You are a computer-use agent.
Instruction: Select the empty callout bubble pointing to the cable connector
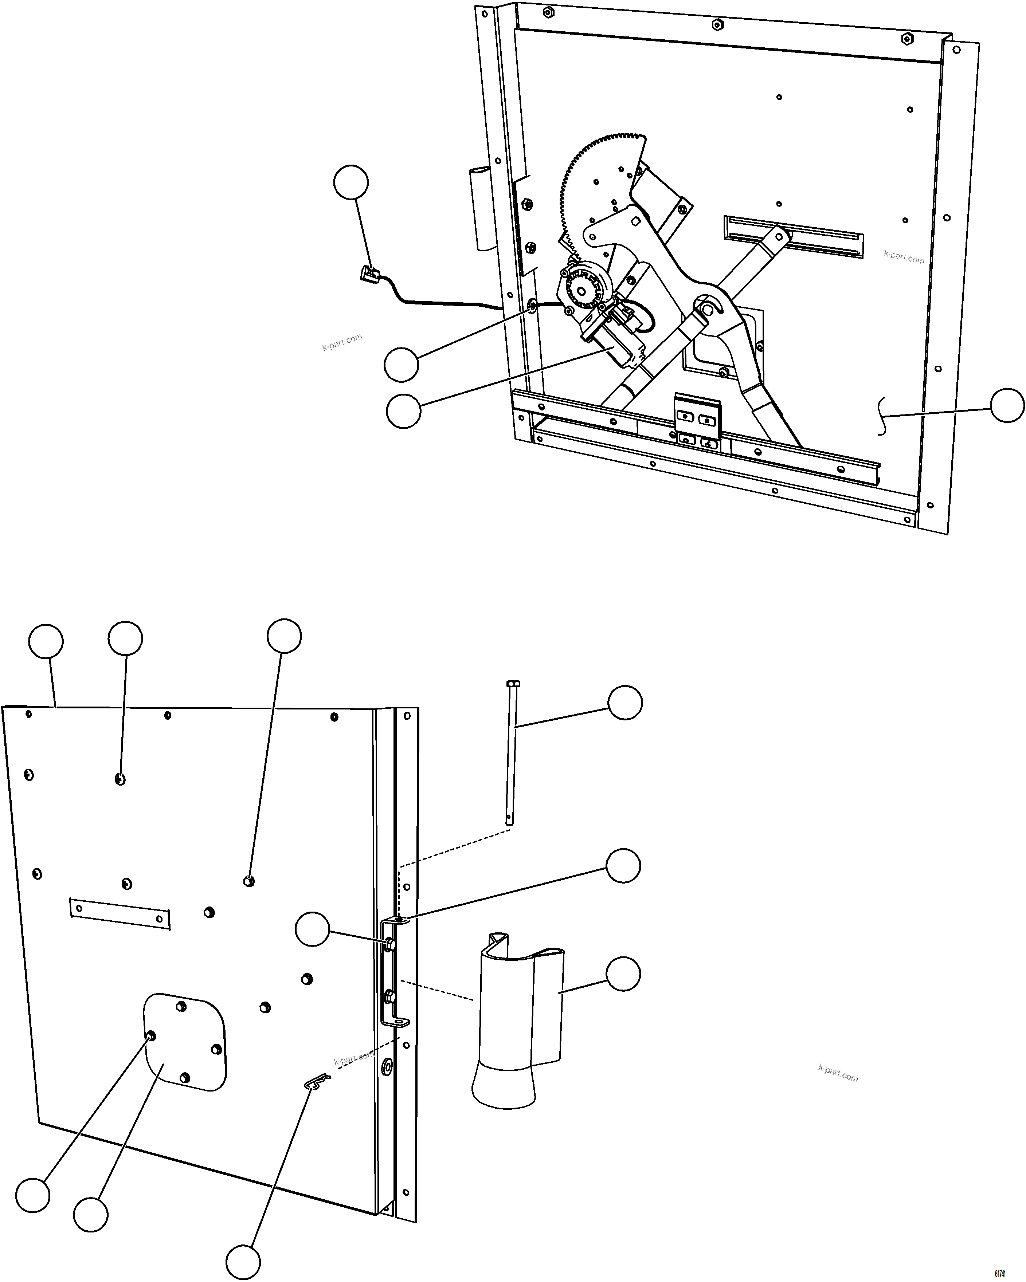(351, 182)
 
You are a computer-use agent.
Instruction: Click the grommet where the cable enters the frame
(532, 307)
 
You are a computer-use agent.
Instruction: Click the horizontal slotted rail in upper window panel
(794, 237)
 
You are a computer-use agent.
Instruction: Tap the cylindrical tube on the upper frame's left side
(483, 208)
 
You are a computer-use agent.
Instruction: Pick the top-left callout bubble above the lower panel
(46, 641)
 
